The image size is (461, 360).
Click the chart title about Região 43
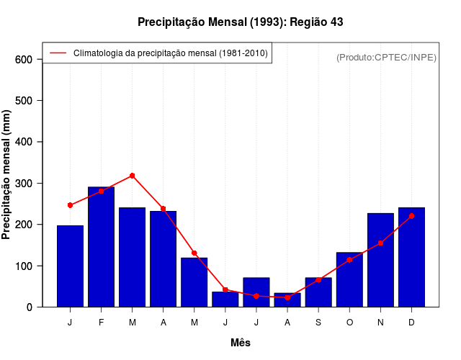coord(240,22)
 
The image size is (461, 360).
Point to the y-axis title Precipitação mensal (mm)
coord(7,174)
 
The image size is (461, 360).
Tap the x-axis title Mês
coord(240,343)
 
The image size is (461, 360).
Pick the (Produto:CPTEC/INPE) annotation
coord(386,57)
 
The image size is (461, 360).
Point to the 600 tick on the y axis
coord(24,59)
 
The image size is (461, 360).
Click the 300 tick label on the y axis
coord(24,184)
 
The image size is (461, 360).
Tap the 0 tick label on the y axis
coord(30,307)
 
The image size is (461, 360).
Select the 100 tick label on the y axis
coord(24,266)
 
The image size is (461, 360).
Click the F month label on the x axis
coord(102,323)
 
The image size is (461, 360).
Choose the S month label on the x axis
coord(318,323)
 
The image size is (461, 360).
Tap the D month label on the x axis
coord(411,323)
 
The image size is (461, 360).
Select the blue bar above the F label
coord(102,247)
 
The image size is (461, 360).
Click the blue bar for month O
coord(349,279)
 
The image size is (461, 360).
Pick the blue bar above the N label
coord(380,260)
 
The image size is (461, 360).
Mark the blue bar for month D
coord(411,257)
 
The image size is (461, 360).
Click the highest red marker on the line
coord(133,176)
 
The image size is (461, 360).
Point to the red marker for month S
coord(318,280)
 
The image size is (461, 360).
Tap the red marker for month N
coord(380,243)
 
